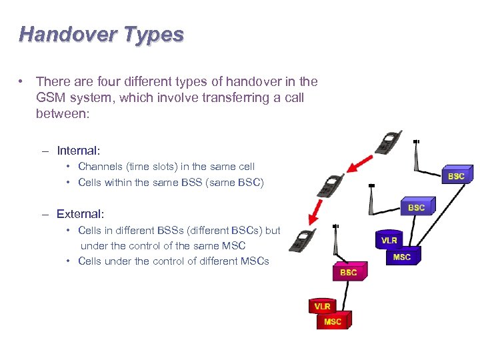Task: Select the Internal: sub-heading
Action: point(78,151)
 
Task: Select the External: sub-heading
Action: point(80,214)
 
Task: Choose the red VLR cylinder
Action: point(323,305)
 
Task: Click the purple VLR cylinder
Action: point(389,240)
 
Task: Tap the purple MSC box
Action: point(402,256)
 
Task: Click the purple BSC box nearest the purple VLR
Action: point(416,207)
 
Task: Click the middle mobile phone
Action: point(331,185)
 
